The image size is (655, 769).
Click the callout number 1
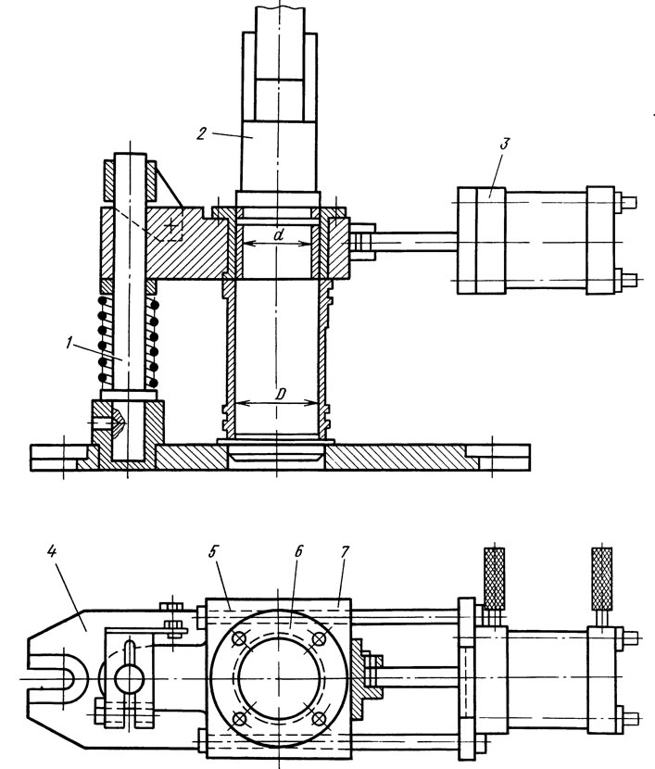[69, 343]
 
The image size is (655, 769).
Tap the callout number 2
[201, 133]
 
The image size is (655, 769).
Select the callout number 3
[505, 145]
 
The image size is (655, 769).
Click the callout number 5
[213, 551]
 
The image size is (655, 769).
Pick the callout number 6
[298, 551]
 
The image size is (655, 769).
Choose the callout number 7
[344, 551]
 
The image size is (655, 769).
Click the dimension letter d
[279, 235]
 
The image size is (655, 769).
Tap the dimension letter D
[281, 394]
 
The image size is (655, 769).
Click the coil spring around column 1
[129, 341]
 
